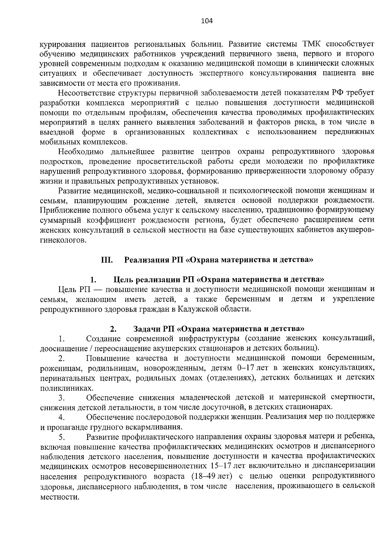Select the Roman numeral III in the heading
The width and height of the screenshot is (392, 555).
tap(107, 260)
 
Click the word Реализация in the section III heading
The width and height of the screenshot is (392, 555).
tap(146, 260)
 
